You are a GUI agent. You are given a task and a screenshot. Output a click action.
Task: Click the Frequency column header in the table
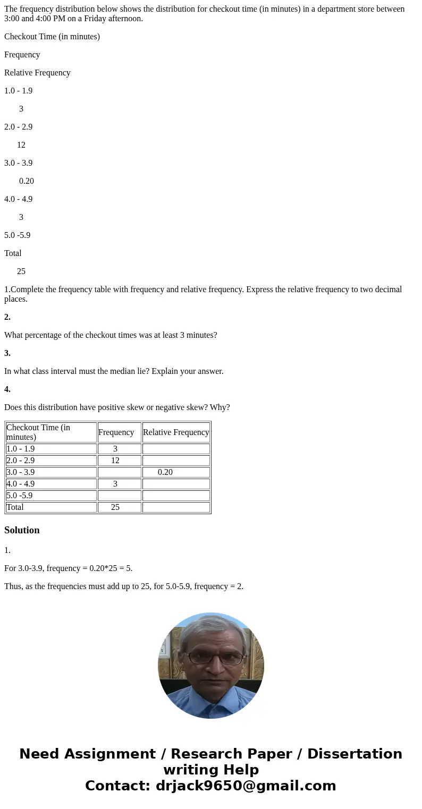point(116,432)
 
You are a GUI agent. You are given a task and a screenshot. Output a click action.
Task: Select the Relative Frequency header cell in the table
point(176,432)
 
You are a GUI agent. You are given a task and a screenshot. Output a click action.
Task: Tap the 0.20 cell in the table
point(165,472)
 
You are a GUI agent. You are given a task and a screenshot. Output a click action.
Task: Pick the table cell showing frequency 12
point(115,461)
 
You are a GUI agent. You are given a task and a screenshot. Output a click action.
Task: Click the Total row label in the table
point(15,507)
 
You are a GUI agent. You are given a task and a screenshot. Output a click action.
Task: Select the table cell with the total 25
point(115,507)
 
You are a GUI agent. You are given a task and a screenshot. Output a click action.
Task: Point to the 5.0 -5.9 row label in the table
point(20,496)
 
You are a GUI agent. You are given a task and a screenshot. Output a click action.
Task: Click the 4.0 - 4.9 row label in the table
point(21,484)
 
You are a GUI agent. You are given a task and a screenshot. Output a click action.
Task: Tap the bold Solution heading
point(22,530)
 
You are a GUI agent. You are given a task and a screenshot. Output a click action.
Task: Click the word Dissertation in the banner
point(355,754)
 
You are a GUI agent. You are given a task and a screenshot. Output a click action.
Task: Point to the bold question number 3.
point(7,353)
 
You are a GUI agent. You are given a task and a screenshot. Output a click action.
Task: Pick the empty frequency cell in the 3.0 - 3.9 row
point(119,472)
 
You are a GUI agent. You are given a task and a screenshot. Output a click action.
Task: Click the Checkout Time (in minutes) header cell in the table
point(50,432)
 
